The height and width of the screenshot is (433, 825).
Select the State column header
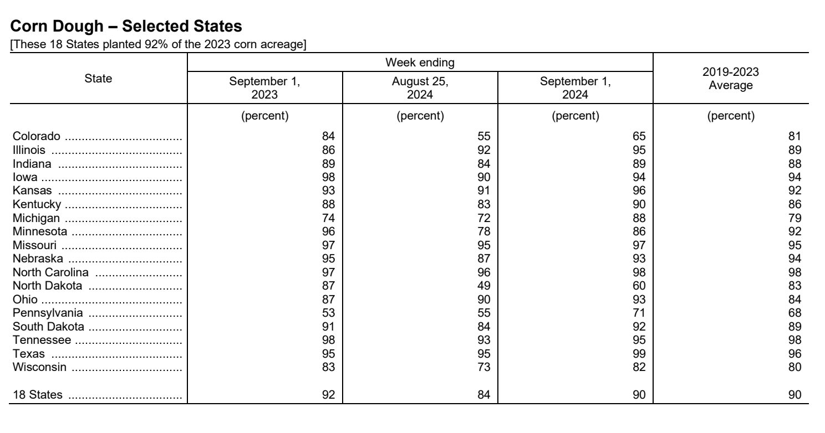pos(98,79)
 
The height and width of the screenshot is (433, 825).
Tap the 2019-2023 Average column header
pos(731,79)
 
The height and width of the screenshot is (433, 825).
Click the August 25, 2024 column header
pos(420,86)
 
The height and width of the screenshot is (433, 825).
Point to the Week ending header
pos(420,63)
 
